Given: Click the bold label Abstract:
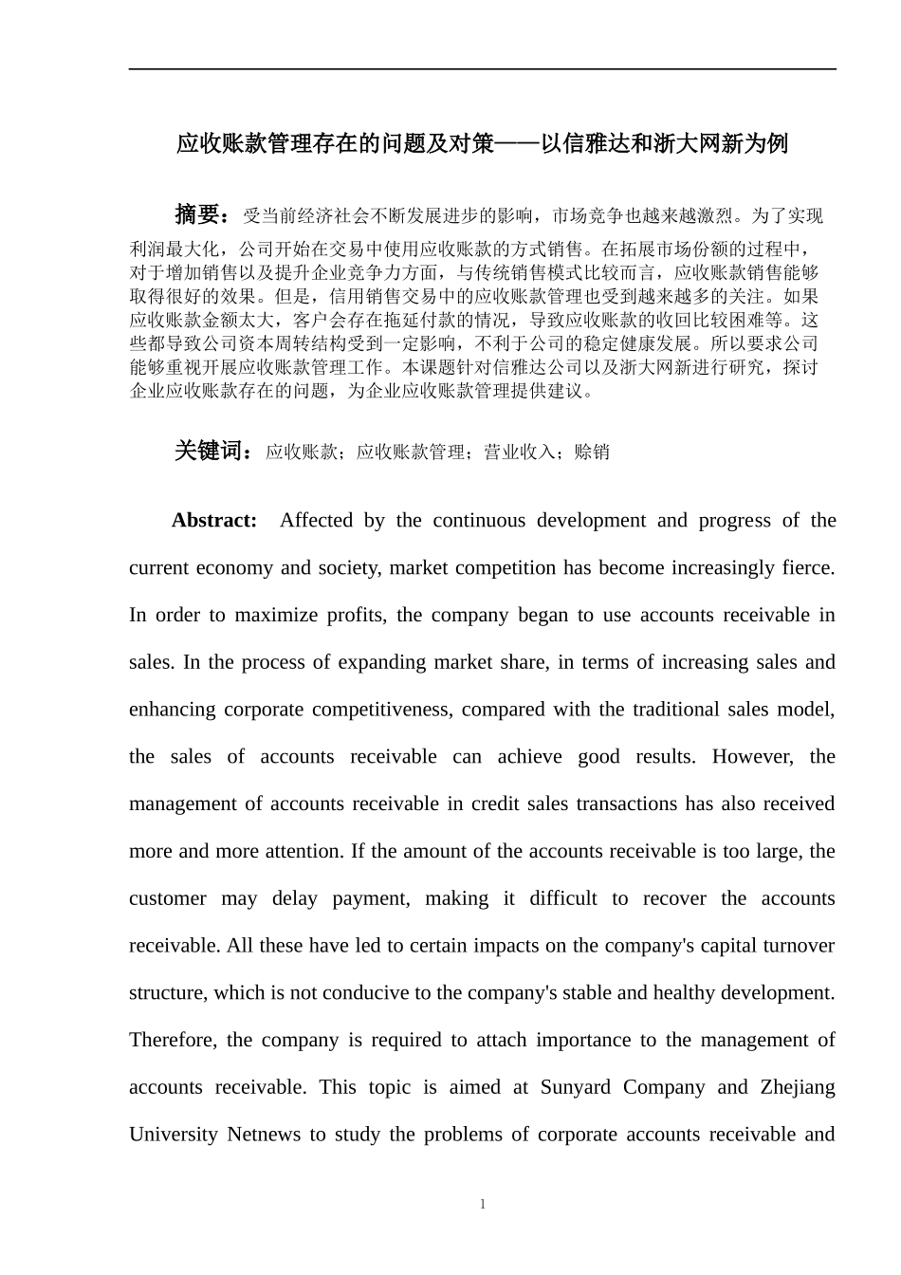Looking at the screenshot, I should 213,520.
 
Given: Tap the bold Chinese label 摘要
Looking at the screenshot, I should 197,215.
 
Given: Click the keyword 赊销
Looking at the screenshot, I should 592,453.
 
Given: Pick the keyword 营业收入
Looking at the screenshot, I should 520,453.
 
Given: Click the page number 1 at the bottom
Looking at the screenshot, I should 482,1204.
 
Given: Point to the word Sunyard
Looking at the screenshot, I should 575,1087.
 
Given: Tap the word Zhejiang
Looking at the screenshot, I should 797,1087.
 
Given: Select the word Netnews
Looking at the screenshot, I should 264,1135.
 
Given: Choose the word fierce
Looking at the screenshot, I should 808,567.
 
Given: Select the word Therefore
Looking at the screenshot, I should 175,1040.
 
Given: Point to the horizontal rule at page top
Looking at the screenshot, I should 482,68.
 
